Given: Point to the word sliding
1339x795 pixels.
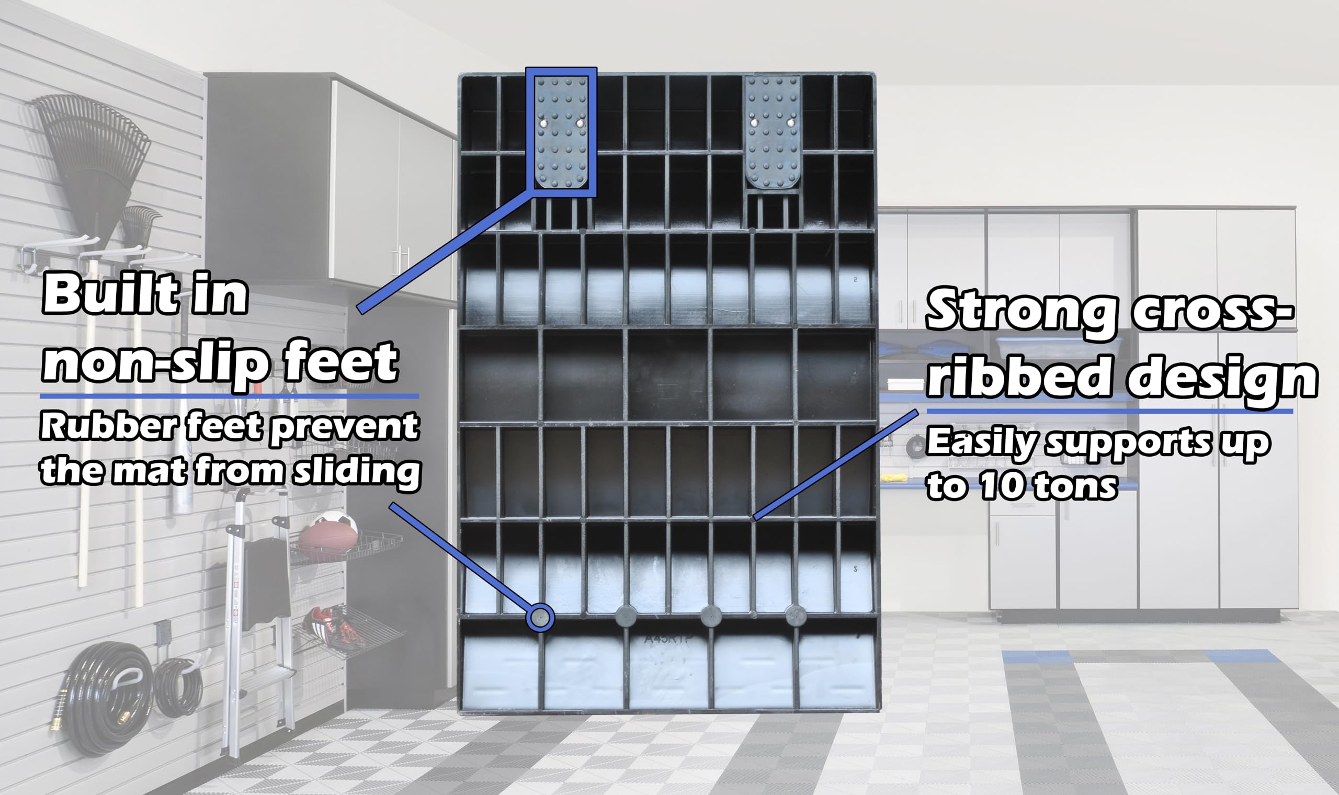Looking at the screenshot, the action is pyautogui.click(x=357, y=471).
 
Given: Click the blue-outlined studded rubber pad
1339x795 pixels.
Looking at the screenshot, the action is pyautogui.click(x=561, y=132).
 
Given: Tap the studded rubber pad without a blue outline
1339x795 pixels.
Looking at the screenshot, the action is pyautogui.click(x=773, y=132).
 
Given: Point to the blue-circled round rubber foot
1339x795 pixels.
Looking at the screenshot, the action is pyautogui.click(x=540, y=618).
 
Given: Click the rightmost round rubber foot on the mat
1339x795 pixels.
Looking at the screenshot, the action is pyautogui.click(x=796, y=616).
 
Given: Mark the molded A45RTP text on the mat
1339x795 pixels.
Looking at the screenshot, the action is pyautogui.click(x=668, y=639).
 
